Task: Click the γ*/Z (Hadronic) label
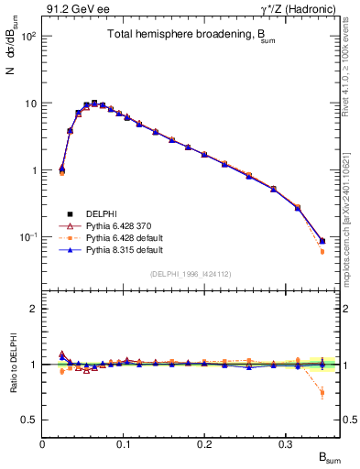[303, 9]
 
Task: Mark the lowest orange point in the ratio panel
[322, 393]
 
